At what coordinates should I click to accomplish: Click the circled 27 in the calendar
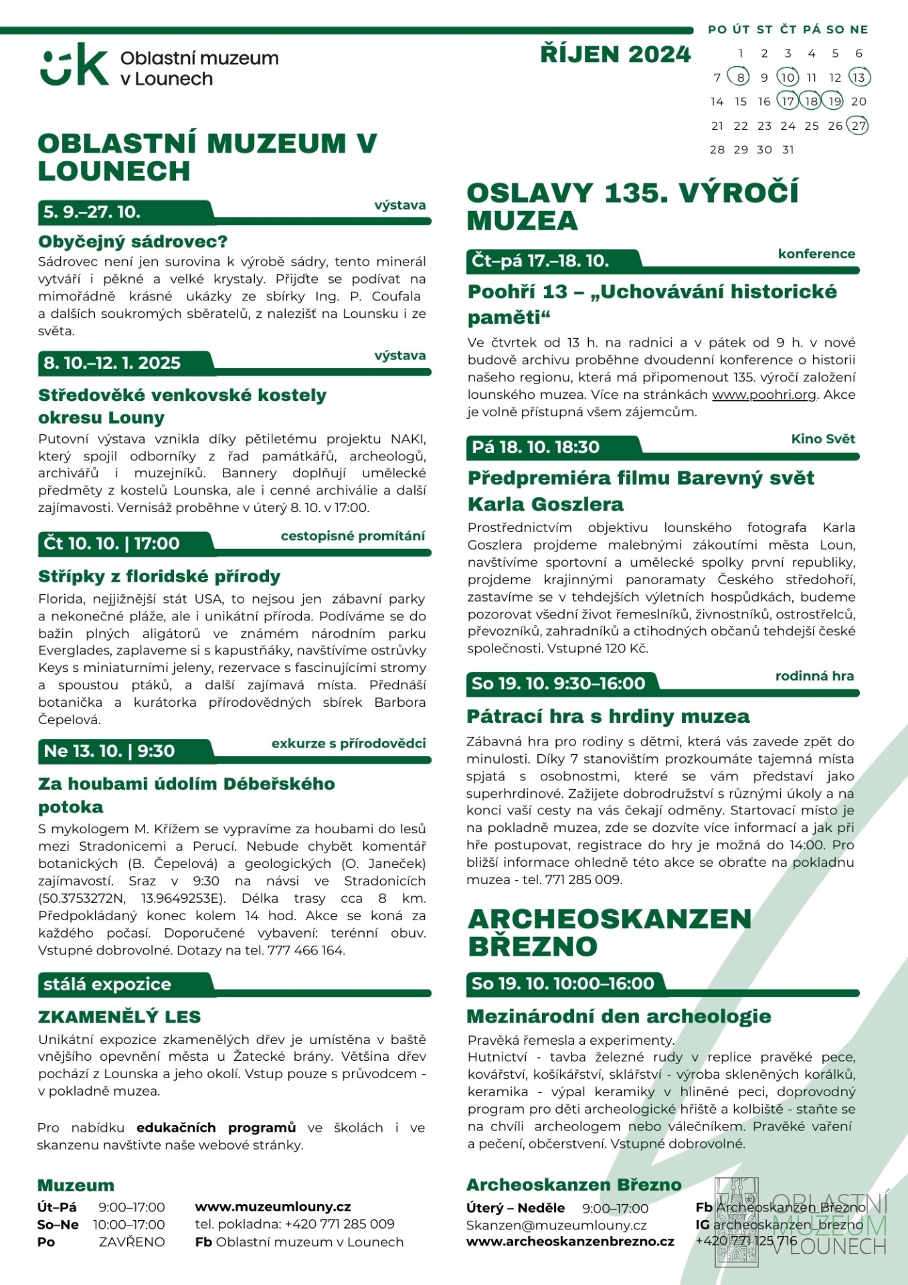click(x=858, y=125)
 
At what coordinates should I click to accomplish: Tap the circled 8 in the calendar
click(x=739, y=77)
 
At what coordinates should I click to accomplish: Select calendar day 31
click(x=788, y=149)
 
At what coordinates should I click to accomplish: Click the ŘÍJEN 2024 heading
click(x=616, y=54)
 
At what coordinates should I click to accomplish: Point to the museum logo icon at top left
click(x=74, y=65)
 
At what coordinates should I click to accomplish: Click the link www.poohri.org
click(x=764, y=394)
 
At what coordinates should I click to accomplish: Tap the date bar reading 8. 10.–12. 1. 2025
click(x=112, y=363)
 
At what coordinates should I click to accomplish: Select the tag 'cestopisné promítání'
click(x=353, y=535)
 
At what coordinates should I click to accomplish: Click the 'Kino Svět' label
click(x=823, y=438)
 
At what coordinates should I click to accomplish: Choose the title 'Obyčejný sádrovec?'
click(x=133, y=242)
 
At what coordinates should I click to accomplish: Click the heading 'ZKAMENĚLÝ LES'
click(x=120, y=1017)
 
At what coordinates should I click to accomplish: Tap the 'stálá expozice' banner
click(x=108, y=984)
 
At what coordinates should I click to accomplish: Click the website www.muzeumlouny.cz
click(x=273, y=1207)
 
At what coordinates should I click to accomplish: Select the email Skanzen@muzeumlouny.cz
click(x=557, y=1225)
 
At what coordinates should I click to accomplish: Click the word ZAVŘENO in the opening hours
click(x=132, y=1241)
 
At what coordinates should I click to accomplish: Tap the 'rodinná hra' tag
click(x=814, y=676)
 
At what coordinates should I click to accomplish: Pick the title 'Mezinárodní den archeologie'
click(x=619, y=1017)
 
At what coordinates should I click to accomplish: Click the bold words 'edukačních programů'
click(x=215, y=1128)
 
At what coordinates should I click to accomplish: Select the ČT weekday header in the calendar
click(x=788, y=29)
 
